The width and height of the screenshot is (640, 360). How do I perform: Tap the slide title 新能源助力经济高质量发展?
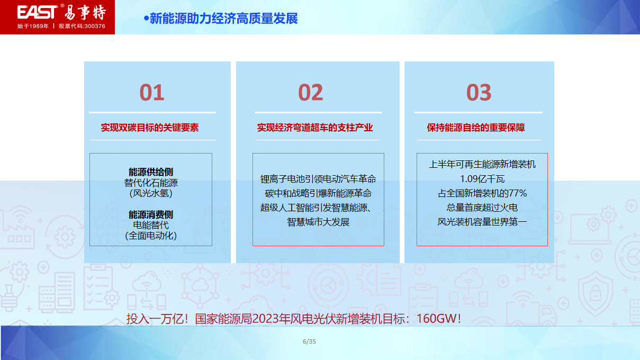[223, 19]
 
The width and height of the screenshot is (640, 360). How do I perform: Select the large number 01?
[152, 93]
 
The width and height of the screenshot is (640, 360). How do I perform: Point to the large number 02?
[310, 93]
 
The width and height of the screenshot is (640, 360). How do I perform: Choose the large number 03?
[479, 93]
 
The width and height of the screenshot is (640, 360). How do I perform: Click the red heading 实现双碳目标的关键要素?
[150, 128]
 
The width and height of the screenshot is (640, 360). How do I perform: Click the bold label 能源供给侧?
[151, 172]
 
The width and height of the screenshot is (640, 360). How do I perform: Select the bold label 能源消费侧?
[151, 214]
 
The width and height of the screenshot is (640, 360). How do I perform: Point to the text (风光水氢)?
[151, 193]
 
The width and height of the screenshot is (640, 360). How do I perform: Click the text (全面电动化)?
[151, 236]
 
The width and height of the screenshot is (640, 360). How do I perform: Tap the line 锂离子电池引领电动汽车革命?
[318, 179]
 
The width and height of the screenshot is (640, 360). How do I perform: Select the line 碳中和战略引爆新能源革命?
[318, 193]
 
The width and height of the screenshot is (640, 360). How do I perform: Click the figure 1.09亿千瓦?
[482, 179]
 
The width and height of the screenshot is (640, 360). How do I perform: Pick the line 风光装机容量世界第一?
[482, 222]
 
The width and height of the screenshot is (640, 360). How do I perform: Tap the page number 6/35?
[309, 341]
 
